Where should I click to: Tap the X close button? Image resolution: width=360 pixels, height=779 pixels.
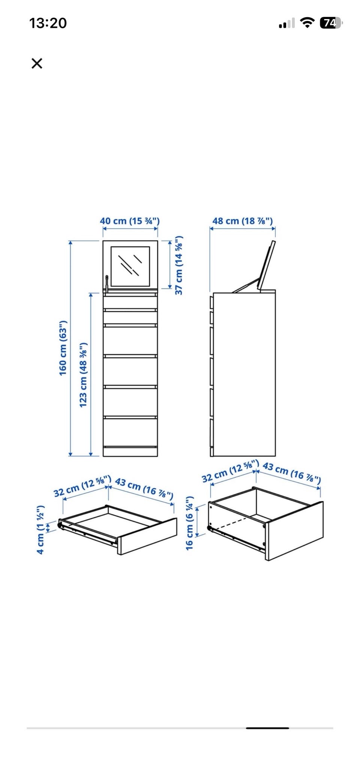(x=37, y=63)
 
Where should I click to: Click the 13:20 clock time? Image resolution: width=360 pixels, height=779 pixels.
(x=48, y=23)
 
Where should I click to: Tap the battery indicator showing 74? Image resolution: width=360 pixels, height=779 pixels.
(x=331, y=23)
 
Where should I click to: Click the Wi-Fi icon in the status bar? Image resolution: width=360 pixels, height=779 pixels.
(x=307, y=23)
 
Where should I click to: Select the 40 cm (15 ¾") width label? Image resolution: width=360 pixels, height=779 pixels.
(x=130, y=221)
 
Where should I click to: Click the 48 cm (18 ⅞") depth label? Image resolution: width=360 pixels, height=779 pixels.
(x=243, y=221)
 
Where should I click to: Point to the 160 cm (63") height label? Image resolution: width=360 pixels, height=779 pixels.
(x=63, y=348)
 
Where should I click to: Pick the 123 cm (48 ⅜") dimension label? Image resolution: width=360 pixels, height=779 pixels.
(x=83, y=375)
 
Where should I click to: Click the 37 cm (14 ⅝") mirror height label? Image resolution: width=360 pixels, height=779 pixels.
(x=179, y=265)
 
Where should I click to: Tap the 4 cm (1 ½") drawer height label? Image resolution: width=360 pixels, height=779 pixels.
(x=40, y=529)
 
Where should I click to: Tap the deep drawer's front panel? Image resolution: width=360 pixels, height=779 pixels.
(x=295, y=531)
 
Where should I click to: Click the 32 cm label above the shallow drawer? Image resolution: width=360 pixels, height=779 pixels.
(x=82, y=486)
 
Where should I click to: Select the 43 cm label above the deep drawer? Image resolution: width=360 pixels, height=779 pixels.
(x=292, y=473)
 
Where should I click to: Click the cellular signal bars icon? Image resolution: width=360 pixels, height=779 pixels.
(x=287, y=23)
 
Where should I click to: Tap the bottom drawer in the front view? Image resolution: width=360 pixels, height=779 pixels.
(x=130, y=432)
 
